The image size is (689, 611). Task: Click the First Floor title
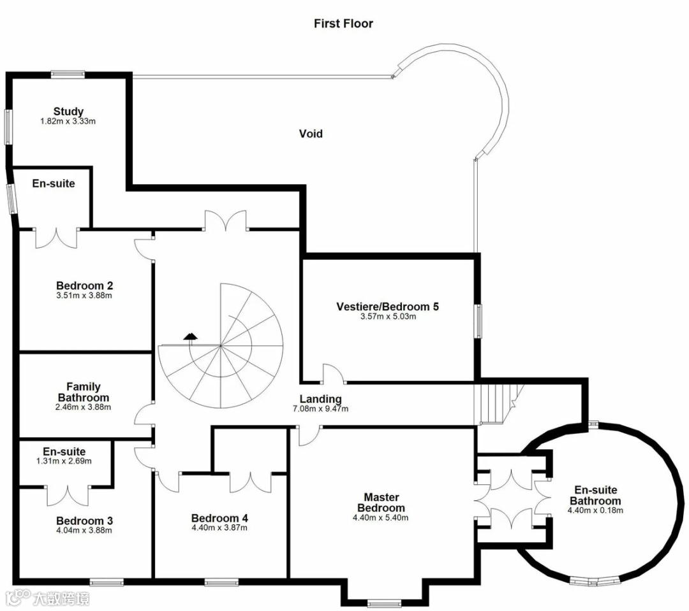pyautogui.click(x=343, y=24)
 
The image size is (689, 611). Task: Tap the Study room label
pyautogui.click(x=68, y=111)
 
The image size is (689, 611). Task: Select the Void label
pyautogui.click(x=311, y=133)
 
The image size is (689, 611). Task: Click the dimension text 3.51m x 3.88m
pyautogui.click(x=84, y=296)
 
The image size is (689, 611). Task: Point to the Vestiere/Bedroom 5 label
pyautogui.click(x=388, y=306)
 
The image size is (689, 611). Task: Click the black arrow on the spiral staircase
pyautogui.click(x=191, y=336)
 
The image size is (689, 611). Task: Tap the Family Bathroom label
pyautogui.click(x=84, y=392)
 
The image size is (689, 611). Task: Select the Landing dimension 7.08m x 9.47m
pyautogui.click(x=320, y=408)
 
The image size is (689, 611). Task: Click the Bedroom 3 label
pyautogui.click(x=84, y=521)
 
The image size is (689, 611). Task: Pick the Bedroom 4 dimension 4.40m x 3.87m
pyautogui.click(x=219, y=528)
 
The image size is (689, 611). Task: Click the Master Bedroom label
pyautogui.click(x=381, y=503)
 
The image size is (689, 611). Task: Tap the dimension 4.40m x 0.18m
pyautogui.click(x=595, y=510)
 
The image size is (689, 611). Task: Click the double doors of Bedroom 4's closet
pyautogui.click(x=251, y=482)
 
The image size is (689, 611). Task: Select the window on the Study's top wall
pyautogui.click(x=68, y=74)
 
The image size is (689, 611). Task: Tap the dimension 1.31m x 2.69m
pyautogui.click(x=64, y=461)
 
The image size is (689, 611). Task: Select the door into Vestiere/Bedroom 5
pyautogui.click(x=334, y=373)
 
